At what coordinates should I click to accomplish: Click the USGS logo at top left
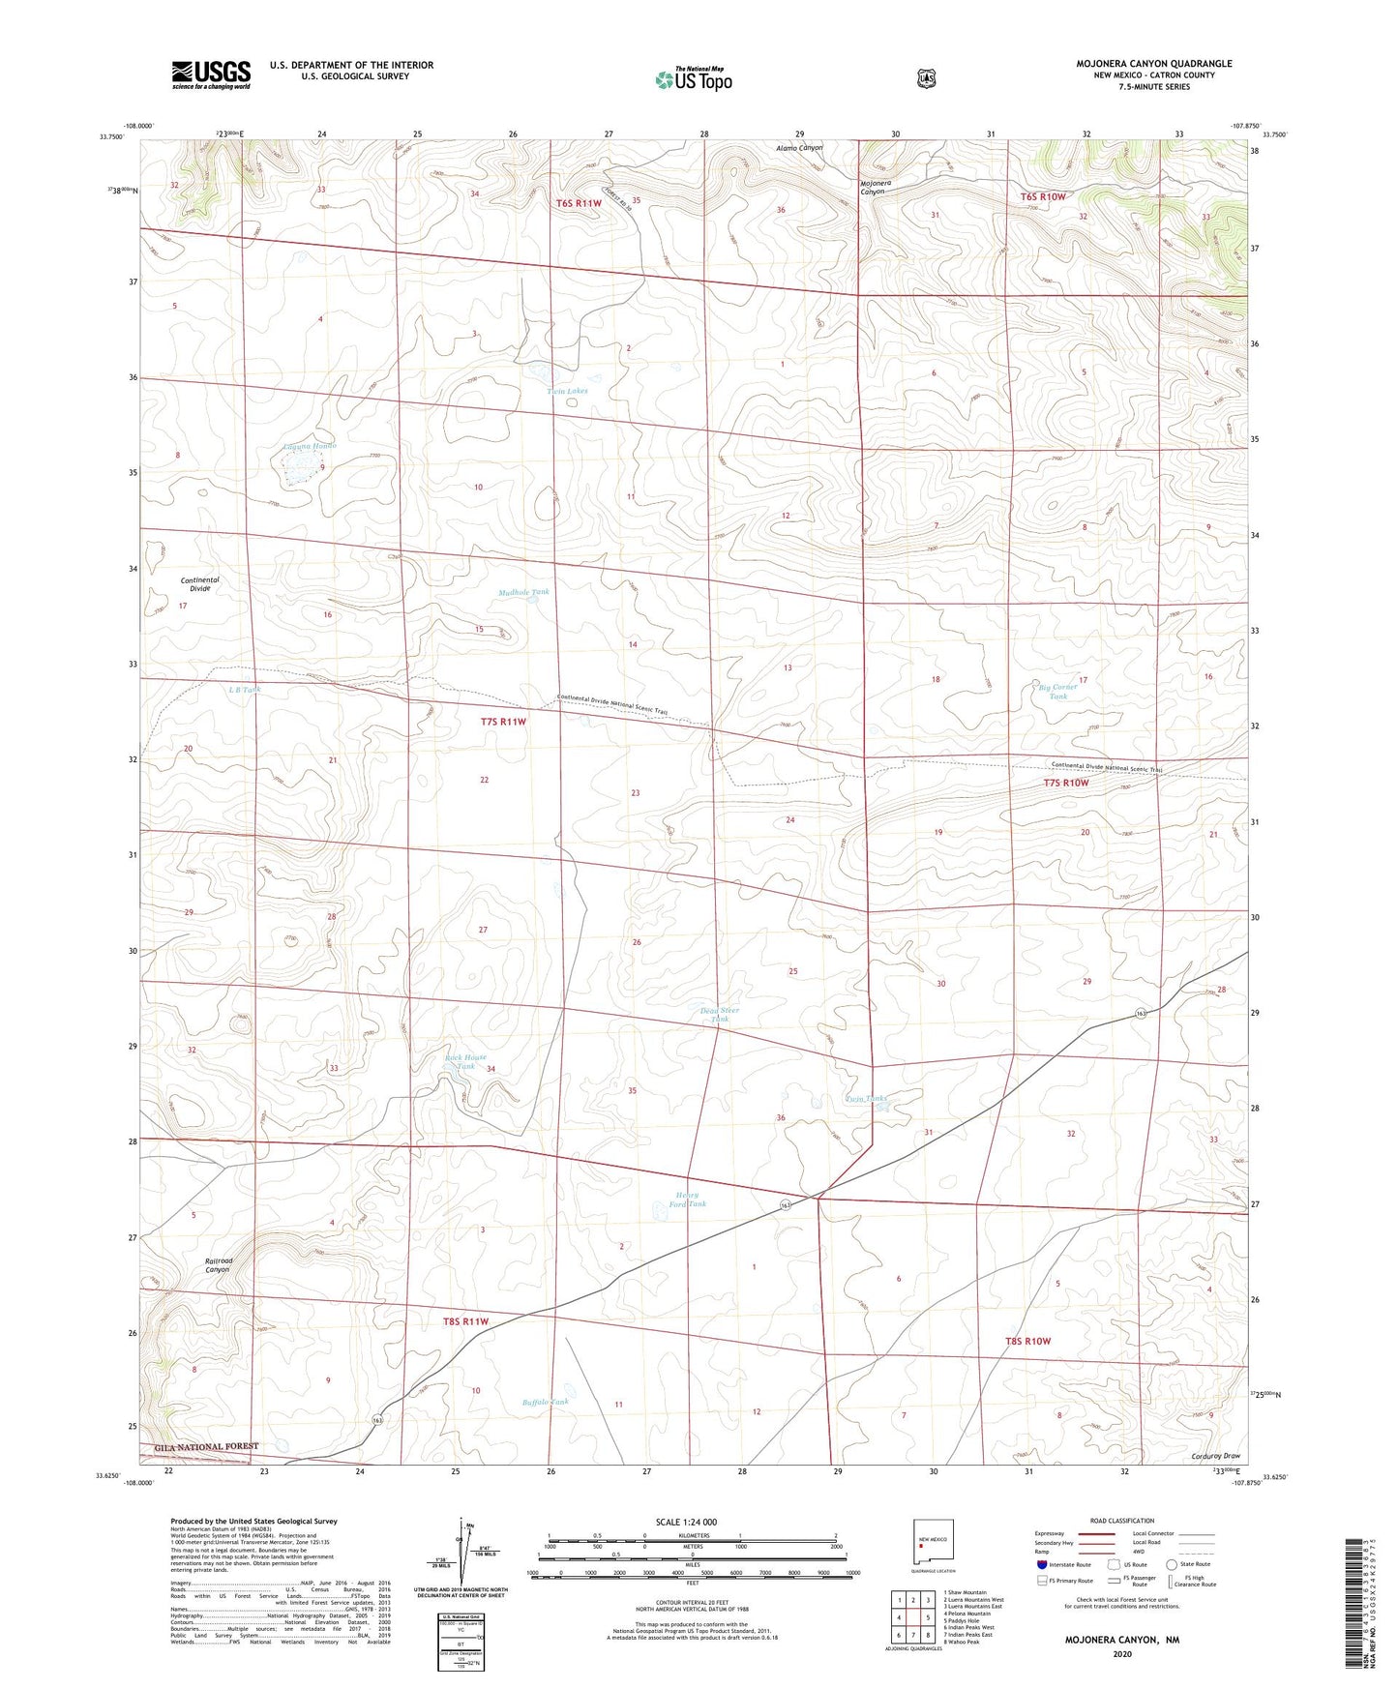pyautogui.click(x=211, y=74)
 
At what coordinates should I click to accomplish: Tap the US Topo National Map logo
pyautogui.click(x=693, y=78)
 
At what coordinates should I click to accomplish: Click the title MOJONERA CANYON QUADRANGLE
pyautogui.click(x=1153, y=64)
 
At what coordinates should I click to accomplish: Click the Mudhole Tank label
pyautogui.click(x=523, y=592)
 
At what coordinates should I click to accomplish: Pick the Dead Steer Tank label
pyautogui.click(x=719, y=1014)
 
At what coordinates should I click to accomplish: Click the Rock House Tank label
pyautogui.click(x=465, y=1061)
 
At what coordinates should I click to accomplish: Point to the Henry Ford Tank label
pyautogui.click(x=688, y=1200)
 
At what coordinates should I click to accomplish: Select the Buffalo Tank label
pyautogui.click(x=546, y=1401)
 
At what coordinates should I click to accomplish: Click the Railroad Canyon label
pyautogui.click(x=218, y=1264)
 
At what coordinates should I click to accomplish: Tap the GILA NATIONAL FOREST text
pyautogui.click(x=202, y=1446)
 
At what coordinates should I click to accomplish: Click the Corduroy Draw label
pyautogui.click(x=1215, y=1455)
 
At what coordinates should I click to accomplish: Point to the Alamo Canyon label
pyautogui.click(x=798, y=148)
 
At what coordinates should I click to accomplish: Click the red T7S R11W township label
pyautogui.click(x=503, y=722)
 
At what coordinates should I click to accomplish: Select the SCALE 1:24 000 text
pyautogui.click(x=686, y=1522)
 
